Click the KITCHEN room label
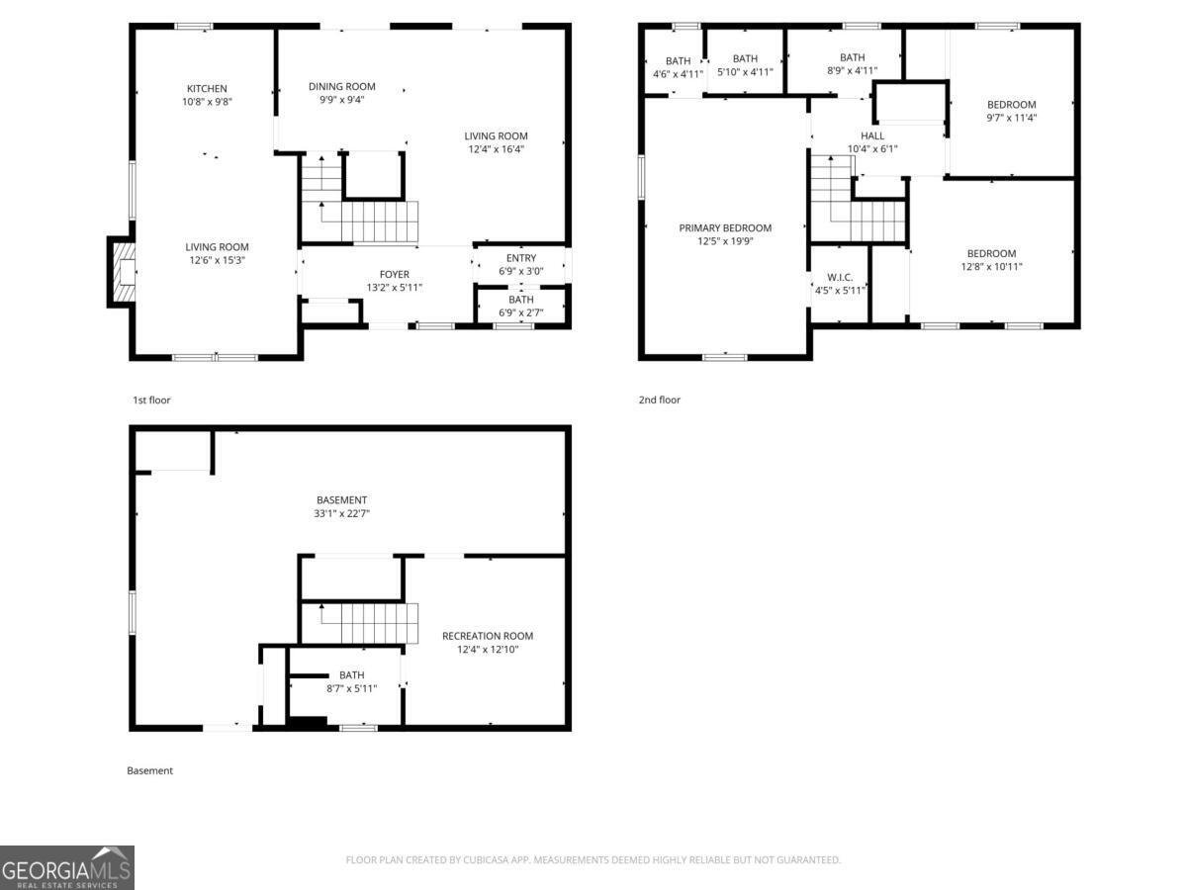coord(207,89)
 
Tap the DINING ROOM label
coord(341,87)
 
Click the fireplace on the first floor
coord(122,272)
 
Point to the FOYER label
coord(394,275)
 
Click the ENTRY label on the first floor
coord(520,258)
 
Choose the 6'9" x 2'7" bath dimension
coord(520,312)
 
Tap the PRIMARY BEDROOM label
coord(725,228)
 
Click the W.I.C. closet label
coord(840,277)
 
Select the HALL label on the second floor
coord(871,136)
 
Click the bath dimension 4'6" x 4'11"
coord(677,73)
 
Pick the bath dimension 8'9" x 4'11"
coord(852,70)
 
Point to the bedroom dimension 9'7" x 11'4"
coord(1011,118)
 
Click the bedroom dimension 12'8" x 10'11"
coord(991,266)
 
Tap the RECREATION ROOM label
coord(487,636)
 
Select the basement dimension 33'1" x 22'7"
coord(341,513)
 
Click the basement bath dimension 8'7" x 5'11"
coord(351,688)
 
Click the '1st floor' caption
coord(151,400)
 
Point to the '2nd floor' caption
coord(659,400)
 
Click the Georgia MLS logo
coord(67,867)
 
